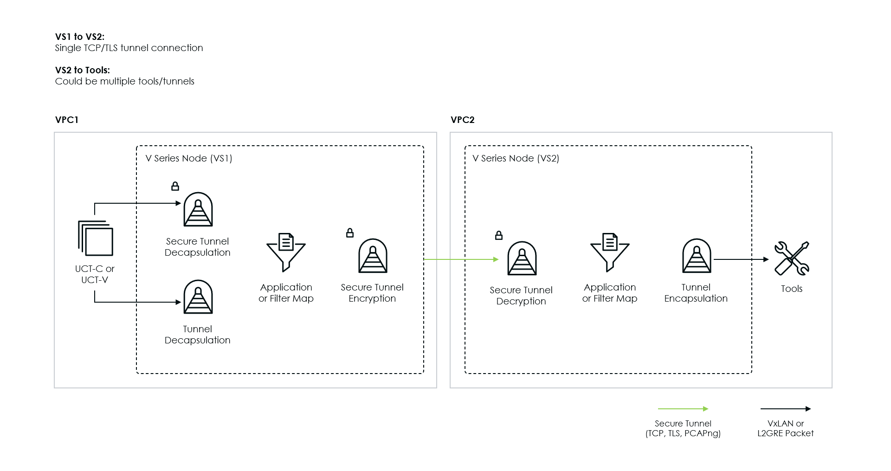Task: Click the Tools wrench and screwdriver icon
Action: tap(792, 258)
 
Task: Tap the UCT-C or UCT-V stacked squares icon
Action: tap(96, 238)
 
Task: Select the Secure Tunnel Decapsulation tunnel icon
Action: tap(198, 210)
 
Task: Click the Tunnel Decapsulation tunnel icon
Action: tap(198, 297)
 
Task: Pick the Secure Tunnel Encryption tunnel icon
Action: tap(373, 256)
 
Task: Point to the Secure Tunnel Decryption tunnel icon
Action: tap(522, 258)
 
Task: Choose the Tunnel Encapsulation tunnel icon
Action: tap(697, 256)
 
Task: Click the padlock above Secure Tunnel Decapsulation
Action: tap(175, 186)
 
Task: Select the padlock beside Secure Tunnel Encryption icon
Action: tap(350, 233)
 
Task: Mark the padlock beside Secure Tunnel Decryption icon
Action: tap(499, 235)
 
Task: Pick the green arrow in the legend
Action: tap(683, 409)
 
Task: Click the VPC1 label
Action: tap(67, 120)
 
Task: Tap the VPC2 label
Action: tap(463, 120)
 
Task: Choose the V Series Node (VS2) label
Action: tap(516, 158)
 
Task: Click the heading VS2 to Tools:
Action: tap(83, 70)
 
